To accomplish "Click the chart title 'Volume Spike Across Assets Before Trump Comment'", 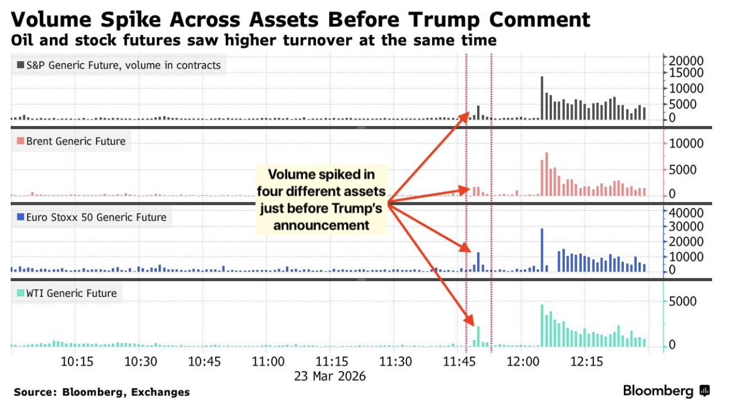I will pyautogui.click(x=301, y=20).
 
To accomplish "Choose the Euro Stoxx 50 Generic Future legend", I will pyautogui.click(x=91, y=217).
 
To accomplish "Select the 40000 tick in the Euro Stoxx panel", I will pyautogui.click(x=684, y=213).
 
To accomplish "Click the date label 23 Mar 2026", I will pyautogui.click(x=330, y=376).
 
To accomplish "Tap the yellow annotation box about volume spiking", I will pyautogui.click(x=321, y=200).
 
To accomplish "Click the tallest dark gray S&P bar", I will pyautogui.click(x=542, y=98).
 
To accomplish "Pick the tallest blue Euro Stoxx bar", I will pyautogui.click(x=542, y=250).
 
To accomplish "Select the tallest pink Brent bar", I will pyautogui.click(x=546, y=174).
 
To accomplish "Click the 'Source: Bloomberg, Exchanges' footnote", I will pyautogui.click(x=102, y=392).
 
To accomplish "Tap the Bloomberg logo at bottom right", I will pyautogui.click(x=667, y=391).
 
